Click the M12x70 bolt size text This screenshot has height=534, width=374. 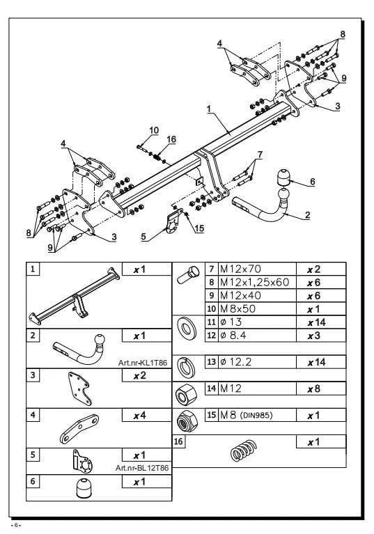240,269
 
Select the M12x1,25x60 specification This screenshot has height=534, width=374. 254,283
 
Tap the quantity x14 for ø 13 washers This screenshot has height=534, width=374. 316,322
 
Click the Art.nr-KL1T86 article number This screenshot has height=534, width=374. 143,363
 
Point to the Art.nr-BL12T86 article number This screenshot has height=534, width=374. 142,468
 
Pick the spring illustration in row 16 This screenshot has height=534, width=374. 244,450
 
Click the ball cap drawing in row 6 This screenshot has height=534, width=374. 84,488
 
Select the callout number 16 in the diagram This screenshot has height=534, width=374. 171,139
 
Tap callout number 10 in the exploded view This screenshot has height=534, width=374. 154,130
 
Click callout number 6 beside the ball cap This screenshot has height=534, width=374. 312,182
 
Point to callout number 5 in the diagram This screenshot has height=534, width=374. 143,236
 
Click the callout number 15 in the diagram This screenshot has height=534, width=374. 199,228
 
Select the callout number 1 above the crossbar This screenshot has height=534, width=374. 209,109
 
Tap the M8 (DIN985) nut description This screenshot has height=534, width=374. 247,415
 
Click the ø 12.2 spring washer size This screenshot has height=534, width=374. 235,361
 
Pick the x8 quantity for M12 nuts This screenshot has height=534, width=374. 313,388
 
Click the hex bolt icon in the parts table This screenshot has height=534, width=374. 188,275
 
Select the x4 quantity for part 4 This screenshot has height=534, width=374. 139,416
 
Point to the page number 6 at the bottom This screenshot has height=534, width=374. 15,525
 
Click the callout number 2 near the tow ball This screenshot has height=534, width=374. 308,215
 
